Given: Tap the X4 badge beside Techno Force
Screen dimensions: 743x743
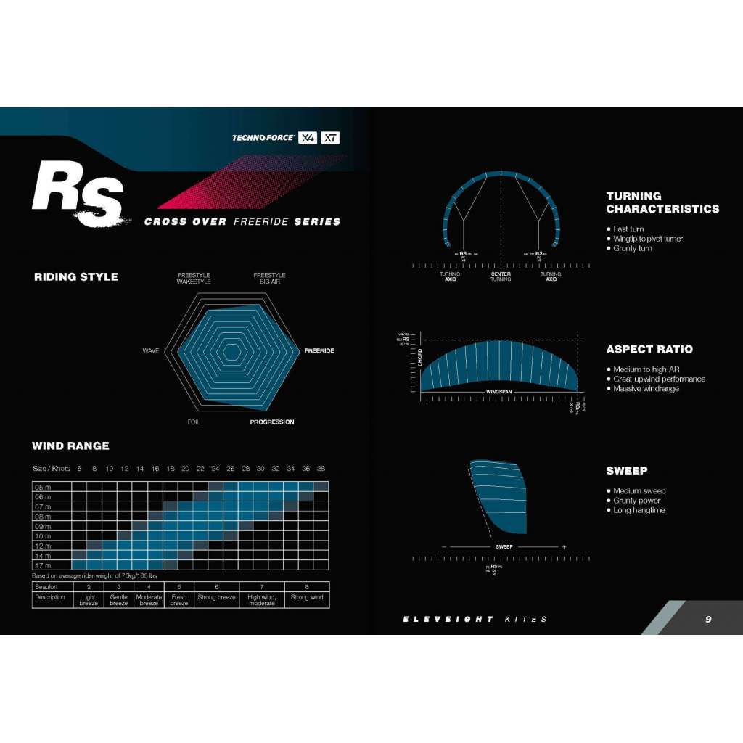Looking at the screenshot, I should coord(308,138).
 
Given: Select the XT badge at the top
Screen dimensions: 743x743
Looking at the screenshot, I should coord(330,138).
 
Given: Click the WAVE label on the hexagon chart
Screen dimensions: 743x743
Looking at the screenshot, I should coord(151,351).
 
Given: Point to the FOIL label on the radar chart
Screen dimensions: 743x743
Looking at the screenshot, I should coord(194,422).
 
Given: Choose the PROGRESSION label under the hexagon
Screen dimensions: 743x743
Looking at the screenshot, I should coord(272,422).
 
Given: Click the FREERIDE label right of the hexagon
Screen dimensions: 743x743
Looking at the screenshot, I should coord(319,351).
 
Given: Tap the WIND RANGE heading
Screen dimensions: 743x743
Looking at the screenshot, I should coord(70,446).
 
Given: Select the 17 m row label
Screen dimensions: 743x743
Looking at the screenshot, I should coord(43,565).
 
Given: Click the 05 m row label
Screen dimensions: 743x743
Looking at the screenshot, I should coord(43,487).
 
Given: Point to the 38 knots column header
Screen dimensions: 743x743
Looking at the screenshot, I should coord(321,469).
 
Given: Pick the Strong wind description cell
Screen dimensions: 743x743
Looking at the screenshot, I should coord(307,598).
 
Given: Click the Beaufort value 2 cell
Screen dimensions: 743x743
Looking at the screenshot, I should coord(89,586).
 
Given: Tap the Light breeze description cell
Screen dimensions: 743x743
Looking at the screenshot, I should coord(89,600).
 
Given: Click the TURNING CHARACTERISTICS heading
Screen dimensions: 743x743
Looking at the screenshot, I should coord(662,202).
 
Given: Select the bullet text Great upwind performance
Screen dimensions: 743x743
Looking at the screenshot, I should coord(659,379).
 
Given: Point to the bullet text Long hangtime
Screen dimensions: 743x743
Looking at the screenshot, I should coord(639,510).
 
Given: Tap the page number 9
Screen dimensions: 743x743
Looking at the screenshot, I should coord(708,619).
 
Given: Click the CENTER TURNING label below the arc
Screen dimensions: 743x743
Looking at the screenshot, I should coord(501,276).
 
